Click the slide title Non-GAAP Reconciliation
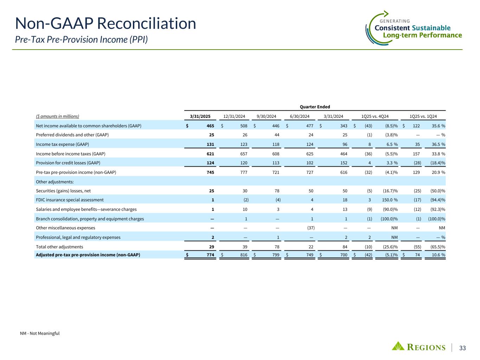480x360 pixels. [105, 24]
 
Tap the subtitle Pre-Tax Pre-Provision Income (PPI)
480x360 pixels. [81, 39]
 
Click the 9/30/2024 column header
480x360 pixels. [266, 116]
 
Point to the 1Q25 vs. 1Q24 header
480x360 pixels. [423, 116]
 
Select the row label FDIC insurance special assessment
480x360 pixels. [70, 200]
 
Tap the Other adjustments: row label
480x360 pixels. [55, 181]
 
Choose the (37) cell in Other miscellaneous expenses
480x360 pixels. [309, 228]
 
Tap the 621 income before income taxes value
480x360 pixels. [210, 154]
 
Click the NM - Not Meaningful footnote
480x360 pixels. [40, 333]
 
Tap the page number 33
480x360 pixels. [462, 348]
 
